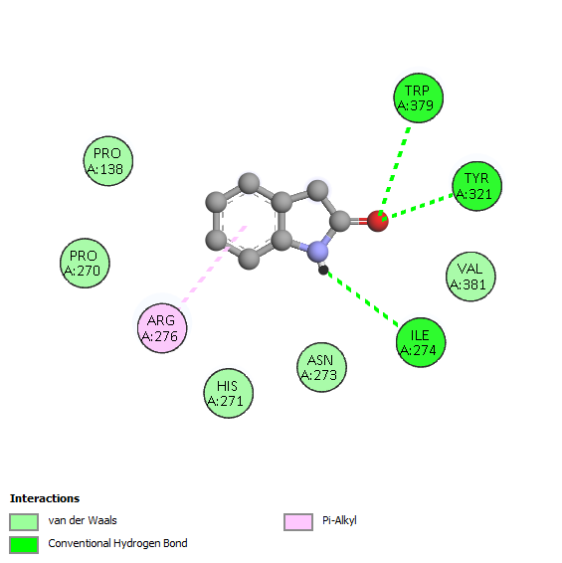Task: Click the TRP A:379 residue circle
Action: pyautogui.click(x=419, y=98)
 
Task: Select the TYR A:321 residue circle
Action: pyautogui.click(x=476, y=186)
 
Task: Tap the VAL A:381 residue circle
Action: pyautogui.click(x=470, y=277)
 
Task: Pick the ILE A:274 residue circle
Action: pyautogui.click(x=421, y=342)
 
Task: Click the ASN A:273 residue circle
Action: pyautogui.click(x=321, y=367)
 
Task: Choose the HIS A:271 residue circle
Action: pyautogui.click(x=229, y=393)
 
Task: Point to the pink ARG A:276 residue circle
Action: pyautogui.click(x=162, y=328)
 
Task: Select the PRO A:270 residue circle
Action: pyautogui.click(x=85, y=264)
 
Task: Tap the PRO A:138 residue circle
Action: pyautogui.click(x=108, y=161)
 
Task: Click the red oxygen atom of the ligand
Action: pyautogui.click(x=378, y=221)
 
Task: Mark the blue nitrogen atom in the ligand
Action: pyautogui.click(x=318, y=251)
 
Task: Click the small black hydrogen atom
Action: pyautogui.click(x=323, y=270)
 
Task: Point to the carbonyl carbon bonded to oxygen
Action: pyautogui.click(x=340, y=221)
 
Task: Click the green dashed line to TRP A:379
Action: pyautogui.click(x=395, y=170)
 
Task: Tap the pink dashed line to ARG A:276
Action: pyautogui.click(x=214, y=264)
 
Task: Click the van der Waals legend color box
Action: pyautogui.click(x=24, y=521)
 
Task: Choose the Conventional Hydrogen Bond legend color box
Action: pyautogui.click(x=24, y=545)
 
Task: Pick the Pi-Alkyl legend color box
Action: pyautogui.click(x=298, y=521)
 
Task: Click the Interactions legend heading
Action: pyautogui.click(x=45, y=498)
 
